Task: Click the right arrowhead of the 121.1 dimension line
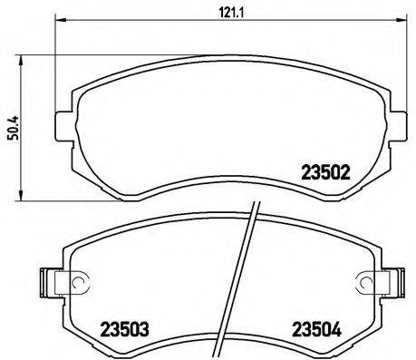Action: (x=393, y=22)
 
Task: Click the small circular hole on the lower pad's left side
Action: (x=77, y=284)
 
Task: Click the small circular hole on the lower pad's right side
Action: (x=363, y=284)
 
